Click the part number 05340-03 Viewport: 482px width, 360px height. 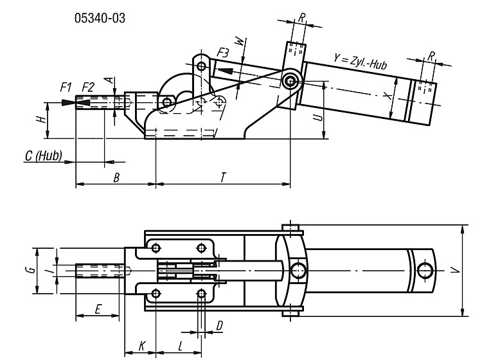pyautogui.click(x=100, y=18)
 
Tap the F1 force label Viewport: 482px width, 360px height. pyautogui.click(x=66, y=87)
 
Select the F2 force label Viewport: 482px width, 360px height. pyautogui.click(x=88, y=87)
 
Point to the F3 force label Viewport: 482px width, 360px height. pyautogui.click(x=223, y=53)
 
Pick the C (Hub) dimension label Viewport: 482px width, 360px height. pyautogui.click(x=43, y=156)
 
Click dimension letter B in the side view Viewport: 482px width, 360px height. pyautogui.click(x=116, y=177)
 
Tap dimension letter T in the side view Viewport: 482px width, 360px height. pyautogui.click(x=224, y=177)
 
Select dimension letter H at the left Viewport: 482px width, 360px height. pyautogui.click(x=41, y=119)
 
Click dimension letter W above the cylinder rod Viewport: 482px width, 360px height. pyautogui.click(x=241, y=41)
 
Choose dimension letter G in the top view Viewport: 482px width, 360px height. pyautogui.click(x=30, y=270)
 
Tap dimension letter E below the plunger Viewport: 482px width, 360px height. pyautogui.click(x=98, y=309)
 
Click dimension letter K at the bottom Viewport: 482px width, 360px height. pyautogui.click(x=141, y=346)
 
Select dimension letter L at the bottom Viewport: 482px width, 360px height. pyautogui.click(x=181, y=346)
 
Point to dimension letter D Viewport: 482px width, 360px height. pyautogui.click(x=220, y=325)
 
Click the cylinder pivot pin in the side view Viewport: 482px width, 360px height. pyautogui.click(x=290, y=81)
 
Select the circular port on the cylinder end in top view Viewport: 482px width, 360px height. pyautogui.click(x=425, y=271)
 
